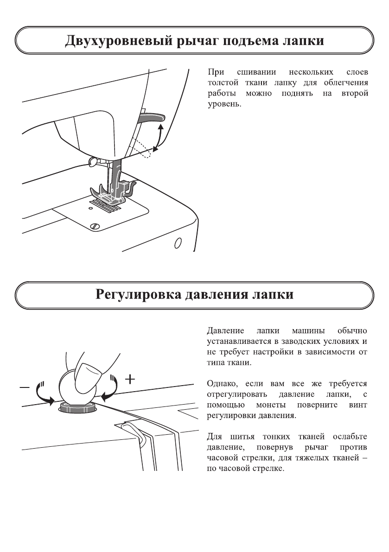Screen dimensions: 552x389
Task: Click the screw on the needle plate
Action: (95, 226)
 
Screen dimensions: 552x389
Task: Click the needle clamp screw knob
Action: (92, 161)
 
